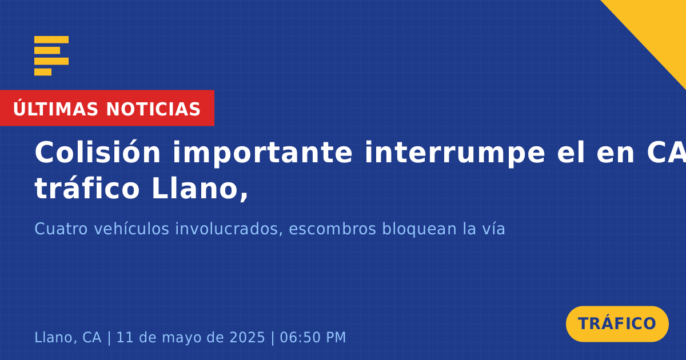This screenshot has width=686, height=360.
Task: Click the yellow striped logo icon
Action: point(51,56)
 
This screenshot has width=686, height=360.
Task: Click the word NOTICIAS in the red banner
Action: point(153,109)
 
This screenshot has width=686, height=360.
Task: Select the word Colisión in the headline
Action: point(97,152)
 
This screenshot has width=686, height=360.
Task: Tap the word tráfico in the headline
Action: point(87,188)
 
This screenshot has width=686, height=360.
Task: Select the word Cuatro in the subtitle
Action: point(61,229)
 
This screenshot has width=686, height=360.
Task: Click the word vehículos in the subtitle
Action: point(131,229)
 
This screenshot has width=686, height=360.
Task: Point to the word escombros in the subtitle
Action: point(332,229)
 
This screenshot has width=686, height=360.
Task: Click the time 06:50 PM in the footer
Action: point(313,337)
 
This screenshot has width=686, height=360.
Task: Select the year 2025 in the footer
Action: point(247,337)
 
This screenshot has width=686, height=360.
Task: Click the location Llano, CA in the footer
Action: point(67,337)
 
